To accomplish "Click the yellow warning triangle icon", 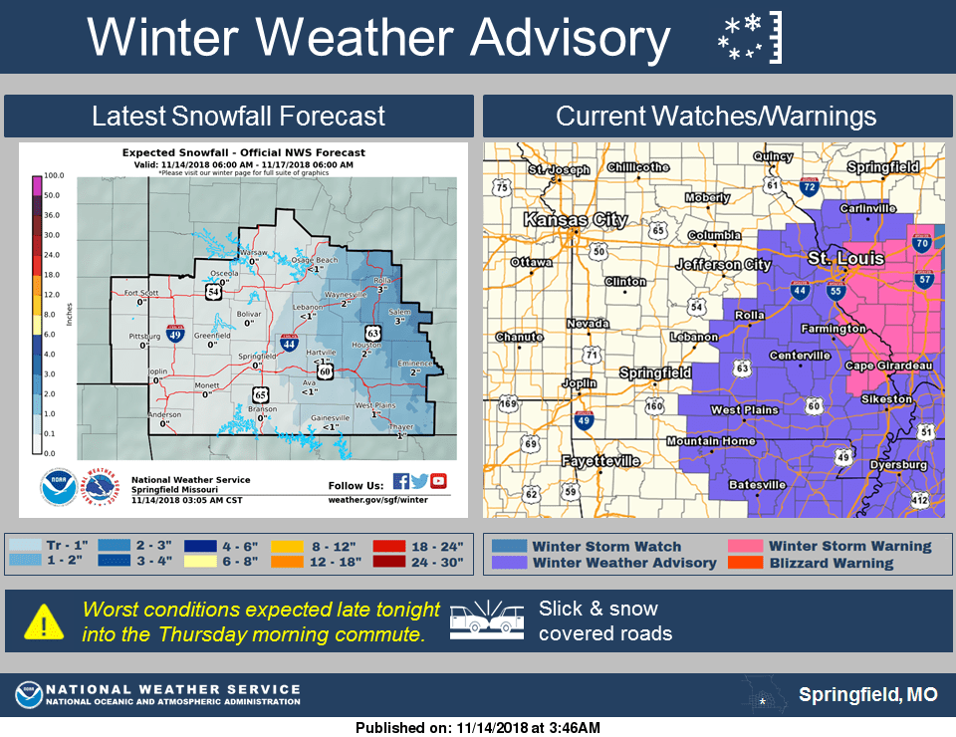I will tap(45, 620).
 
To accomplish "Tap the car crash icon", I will tap(487, 619).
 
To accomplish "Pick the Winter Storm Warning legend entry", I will tap(849, 546).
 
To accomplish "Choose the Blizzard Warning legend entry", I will tap(832, 563).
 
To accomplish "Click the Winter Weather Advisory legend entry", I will tap(623, 563).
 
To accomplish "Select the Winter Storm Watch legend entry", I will tap(606, 546).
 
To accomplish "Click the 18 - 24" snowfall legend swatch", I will tap(391, 546).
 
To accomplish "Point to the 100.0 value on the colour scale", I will tap(53, 176).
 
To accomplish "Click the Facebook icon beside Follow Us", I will tap(400, 482).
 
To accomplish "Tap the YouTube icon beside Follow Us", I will tap(438, 482).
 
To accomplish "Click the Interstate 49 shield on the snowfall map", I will tap(176, 334).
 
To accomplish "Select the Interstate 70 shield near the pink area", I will tap(921, 243).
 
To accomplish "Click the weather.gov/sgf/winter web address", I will tap(377, 499).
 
